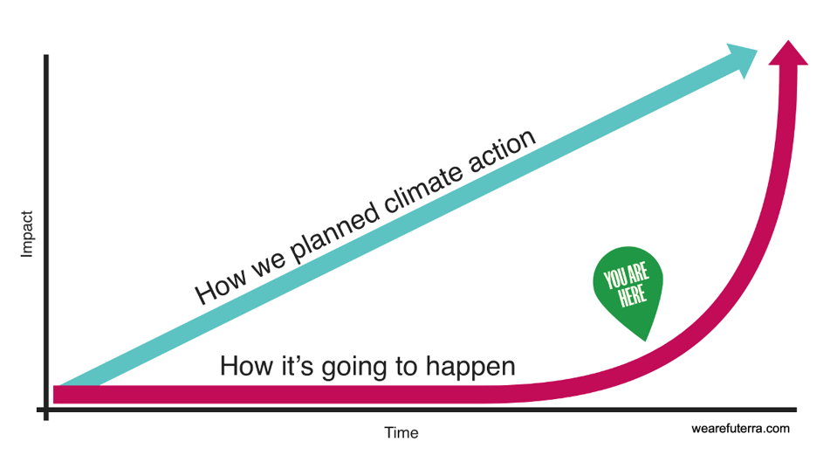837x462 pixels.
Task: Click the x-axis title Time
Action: [401, 433]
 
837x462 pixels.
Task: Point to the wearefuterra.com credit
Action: [740, 429]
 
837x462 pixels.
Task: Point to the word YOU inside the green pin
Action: [614, 279]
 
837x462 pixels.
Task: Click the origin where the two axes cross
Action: [45, 409]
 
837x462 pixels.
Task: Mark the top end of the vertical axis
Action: [45, 56]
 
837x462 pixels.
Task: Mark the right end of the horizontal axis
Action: [795, 409]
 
